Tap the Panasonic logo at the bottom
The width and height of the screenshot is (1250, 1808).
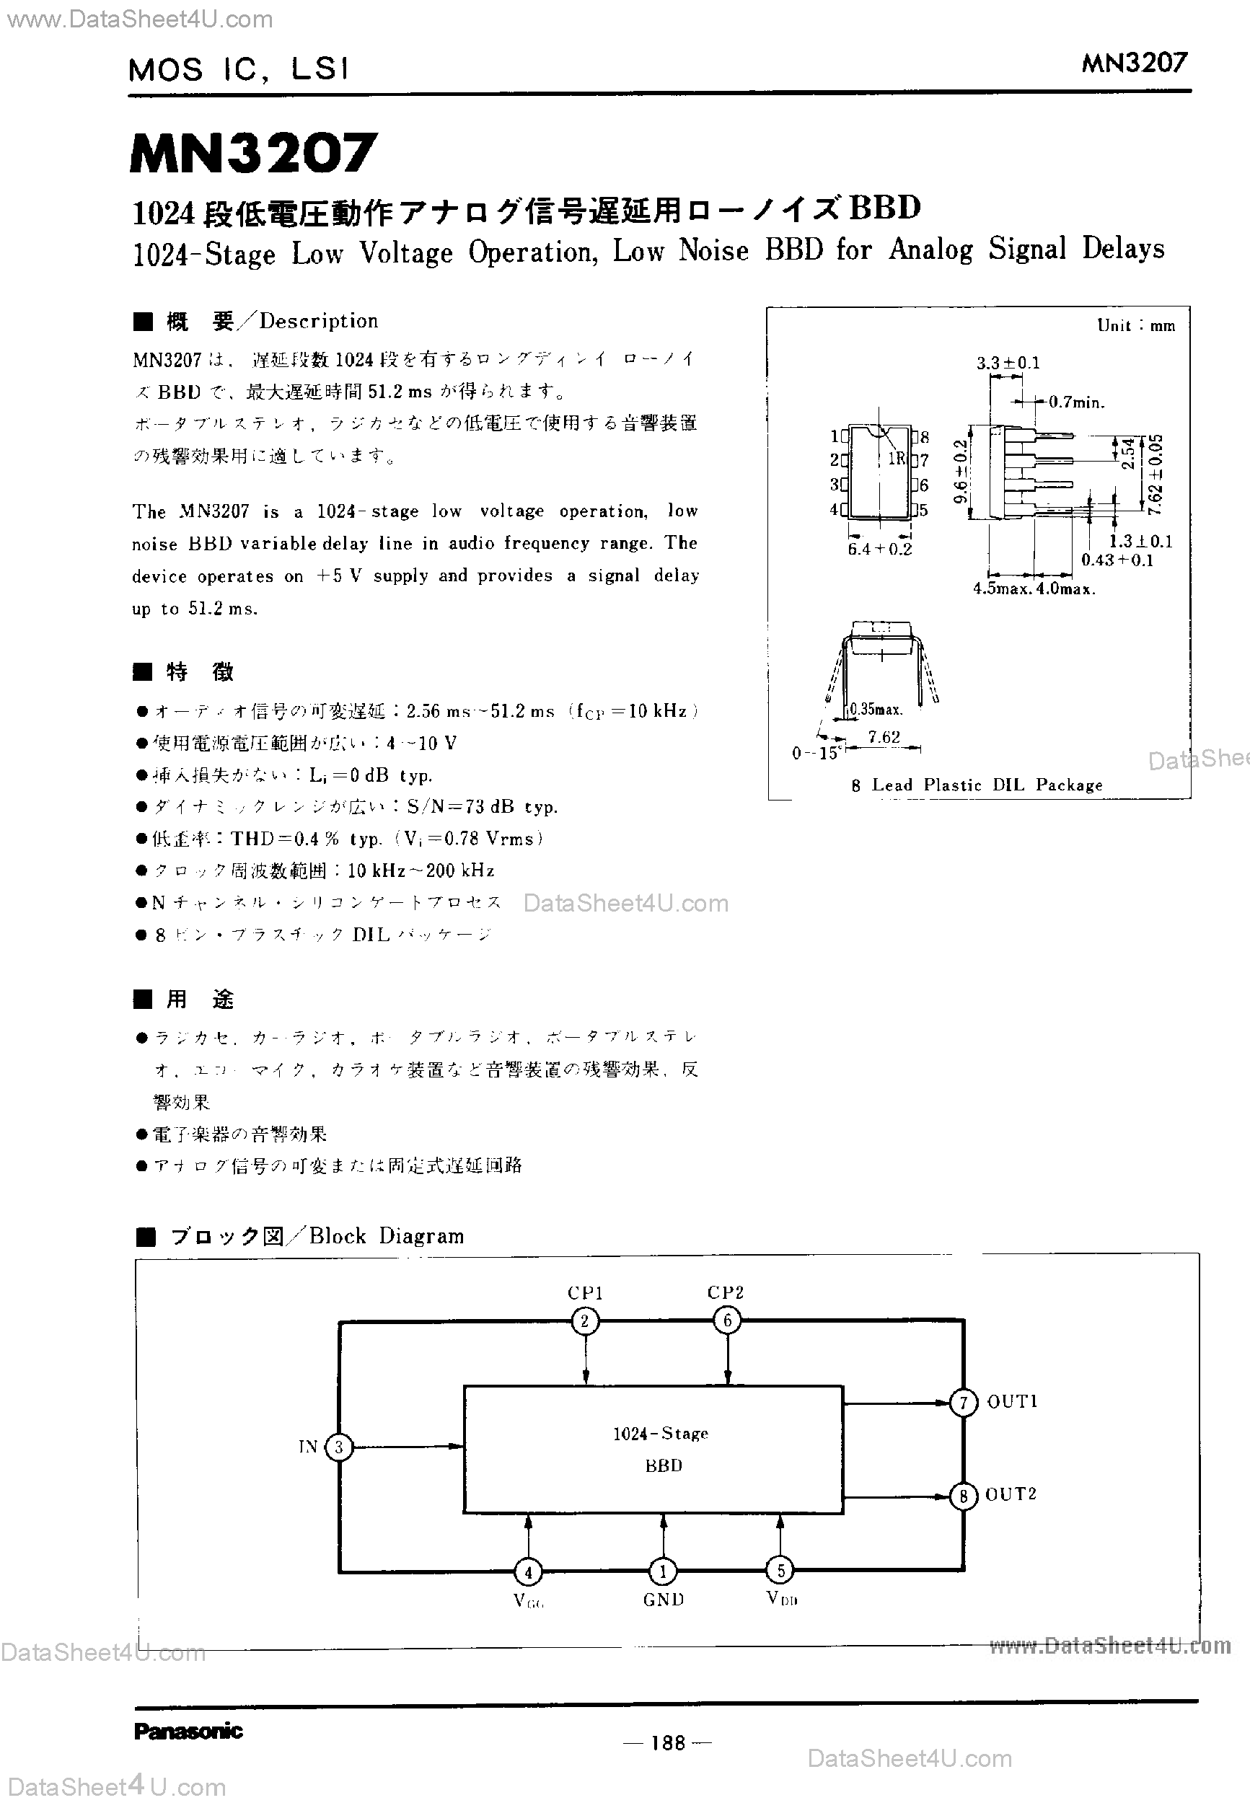[188, 1731]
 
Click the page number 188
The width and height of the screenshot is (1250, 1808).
[667, 1742]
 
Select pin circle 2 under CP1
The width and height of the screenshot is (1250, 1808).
[584, 1322]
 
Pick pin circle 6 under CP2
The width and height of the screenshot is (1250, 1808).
[727, 1321]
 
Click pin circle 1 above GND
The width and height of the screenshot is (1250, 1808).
[663, 1571]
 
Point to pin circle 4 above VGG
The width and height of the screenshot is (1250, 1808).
[528, 1571]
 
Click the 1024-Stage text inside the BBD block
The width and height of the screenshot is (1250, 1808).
[660, 1433]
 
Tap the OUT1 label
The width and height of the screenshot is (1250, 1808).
[1012, 1401]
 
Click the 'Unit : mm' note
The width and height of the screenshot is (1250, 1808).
[1135, 326]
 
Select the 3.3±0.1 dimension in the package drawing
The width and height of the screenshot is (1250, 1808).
[1007, 363]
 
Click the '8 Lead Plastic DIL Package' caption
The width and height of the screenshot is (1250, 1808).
[977, 785]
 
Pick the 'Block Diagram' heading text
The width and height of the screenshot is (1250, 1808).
[387, 1235]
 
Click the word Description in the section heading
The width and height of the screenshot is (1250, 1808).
[319, 321]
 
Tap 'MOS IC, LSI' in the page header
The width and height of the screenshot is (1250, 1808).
[238, 70]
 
